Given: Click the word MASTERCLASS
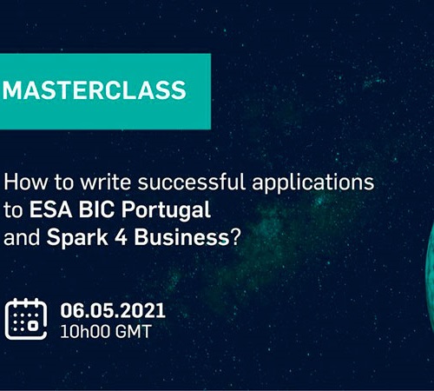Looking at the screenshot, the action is point(95,90).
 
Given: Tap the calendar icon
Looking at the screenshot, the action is point(26,319).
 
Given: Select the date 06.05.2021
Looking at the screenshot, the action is point(113,310).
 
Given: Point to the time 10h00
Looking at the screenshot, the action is point(85,332).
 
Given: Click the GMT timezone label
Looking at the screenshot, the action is point(134,332).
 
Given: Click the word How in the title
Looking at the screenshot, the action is point(26,182).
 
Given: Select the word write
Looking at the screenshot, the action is point(105,182).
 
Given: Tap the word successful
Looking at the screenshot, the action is point(192,182).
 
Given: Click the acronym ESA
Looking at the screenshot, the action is point(50,209).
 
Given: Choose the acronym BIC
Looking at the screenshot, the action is point(96,209).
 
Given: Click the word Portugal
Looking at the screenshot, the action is point(166,211).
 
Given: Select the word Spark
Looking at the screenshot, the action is point(77,238).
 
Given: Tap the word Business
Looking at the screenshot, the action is point(181,237).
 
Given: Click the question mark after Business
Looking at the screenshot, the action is point(235,237).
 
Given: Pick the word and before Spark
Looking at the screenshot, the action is point(22,237).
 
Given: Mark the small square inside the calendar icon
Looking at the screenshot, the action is point(33,325).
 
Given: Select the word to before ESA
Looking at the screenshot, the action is point(13,210).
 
